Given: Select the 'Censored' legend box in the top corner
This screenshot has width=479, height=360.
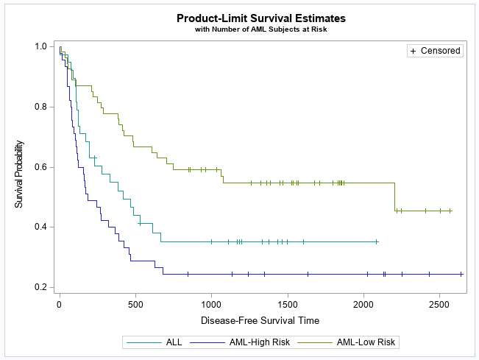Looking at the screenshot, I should (x=435, y=51).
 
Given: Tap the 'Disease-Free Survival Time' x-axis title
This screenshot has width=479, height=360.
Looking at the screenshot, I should (x=260, y=320).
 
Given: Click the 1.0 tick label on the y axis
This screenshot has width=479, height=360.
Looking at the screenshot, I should (x=41, y=46).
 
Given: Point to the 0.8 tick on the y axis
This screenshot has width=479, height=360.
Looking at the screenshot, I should (x=41, y=107).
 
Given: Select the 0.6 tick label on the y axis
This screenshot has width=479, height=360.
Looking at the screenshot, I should (x=41, y=167).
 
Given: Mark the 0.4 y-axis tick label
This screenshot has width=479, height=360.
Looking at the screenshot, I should (x=41, y=227).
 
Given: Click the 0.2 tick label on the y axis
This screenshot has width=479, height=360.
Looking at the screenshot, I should (x=41, y=287).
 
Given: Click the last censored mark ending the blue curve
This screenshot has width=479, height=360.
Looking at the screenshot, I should (x=461, y=274).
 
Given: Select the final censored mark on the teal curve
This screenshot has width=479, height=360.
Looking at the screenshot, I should (x=377, y=241).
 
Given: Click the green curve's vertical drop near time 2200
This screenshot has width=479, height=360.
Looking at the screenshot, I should (x=394, y=197).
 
